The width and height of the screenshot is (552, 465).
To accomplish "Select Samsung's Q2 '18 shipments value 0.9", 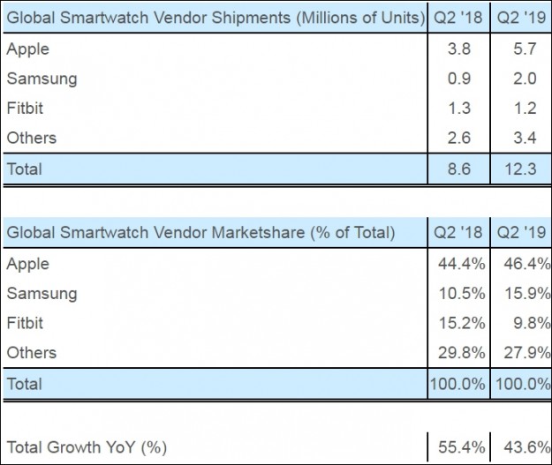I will pos(459,79).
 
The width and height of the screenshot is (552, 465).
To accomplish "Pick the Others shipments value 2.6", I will pos(459,138).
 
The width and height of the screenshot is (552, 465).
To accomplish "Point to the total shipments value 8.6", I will pos(459,169).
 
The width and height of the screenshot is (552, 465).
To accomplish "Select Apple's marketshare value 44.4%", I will pos(457,264).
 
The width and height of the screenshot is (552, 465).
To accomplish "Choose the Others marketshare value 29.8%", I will pos(457,352).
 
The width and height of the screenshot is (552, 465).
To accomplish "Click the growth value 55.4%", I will pos(457,446).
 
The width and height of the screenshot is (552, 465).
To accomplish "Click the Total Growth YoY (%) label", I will pos(87,446).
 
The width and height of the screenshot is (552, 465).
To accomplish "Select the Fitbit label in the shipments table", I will pos(26,109).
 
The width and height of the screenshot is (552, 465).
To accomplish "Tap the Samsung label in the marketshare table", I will pos(42,293).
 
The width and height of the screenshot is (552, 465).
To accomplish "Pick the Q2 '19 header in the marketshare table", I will pos(521,233).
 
